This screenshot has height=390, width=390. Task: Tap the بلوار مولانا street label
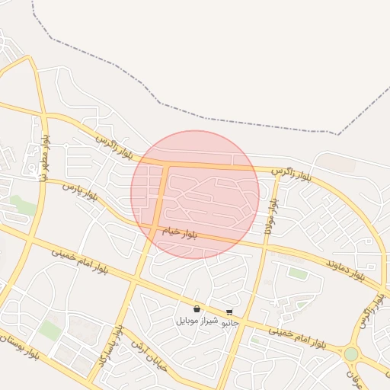(270, 217)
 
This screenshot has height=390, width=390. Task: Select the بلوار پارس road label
(81, 190)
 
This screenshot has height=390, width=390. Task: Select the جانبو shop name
(229, 322)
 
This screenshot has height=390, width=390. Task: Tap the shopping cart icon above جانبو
(229, 312)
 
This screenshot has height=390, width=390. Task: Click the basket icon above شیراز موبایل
(197, 309)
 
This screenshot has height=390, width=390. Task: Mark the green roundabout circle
(350, 353)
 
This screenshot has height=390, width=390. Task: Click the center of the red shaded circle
(195, 194)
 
